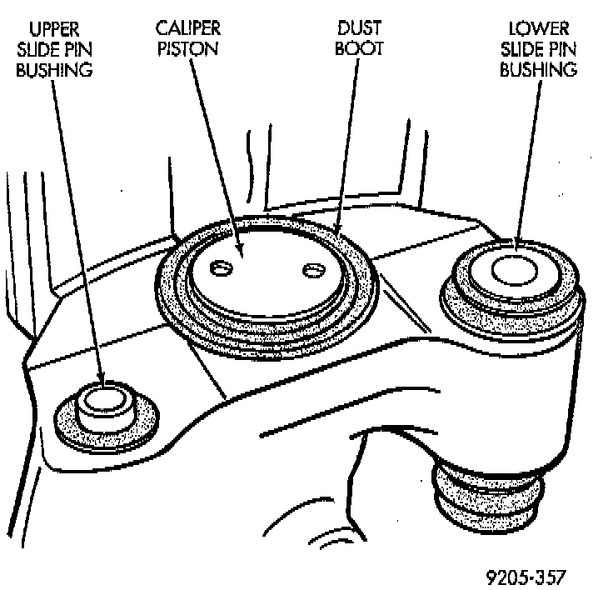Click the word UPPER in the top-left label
click(x=54, y=31)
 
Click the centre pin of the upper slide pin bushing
click(x=106, y=399)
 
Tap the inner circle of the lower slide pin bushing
click(x=514, y=270)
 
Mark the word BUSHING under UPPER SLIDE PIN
click(x=54, y=69)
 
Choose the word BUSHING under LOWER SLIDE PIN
click(x=538, y=69)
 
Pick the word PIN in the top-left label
click(x=75, y=50)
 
